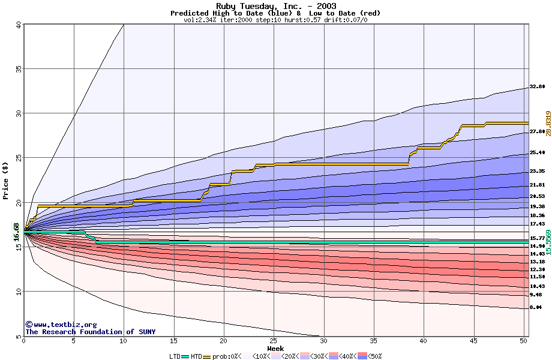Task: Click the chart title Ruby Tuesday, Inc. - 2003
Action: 275,6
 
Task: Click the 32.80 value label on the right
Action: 537,87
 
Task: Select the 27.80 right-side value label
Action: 537,131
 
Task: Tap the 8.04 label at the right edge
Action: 536,307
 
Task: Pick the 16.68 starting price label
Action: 17,232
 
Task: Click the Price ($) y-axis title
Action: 6,181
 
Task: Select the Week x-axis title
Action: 275,349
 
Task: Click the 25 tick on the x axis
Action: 274,341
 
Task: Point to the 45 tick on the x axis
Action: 473,341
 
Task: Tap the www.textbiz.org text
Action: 61,325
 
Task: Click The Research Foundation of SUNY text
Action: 90,332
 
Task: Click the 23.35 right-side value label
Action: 537,171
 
